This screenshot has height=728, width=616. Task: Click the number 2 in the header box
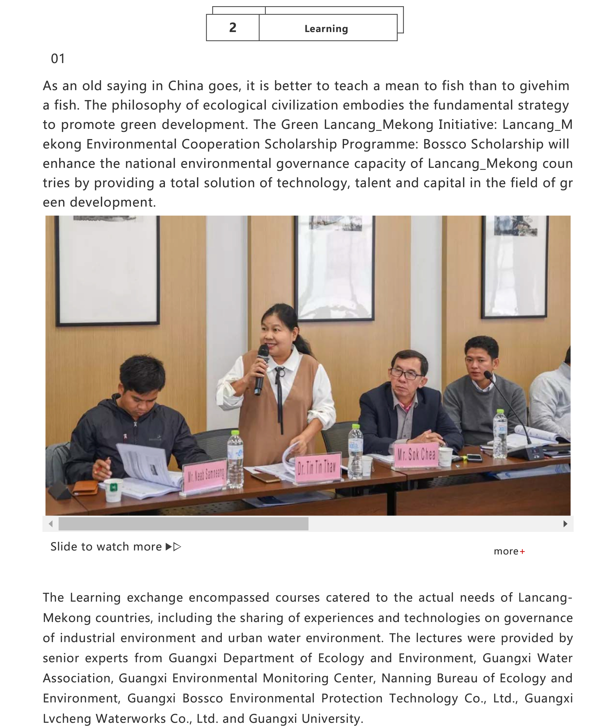click(232, 28)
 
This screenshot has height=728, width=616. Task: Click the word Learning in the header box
click(326, 29)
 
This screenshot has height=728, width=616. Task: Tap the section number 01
click(58, 59)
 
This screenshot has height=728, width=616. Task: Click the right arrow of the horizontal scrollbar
click(565, 523)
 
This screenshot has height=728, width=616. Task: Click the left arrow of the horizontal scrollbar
click(51, 523)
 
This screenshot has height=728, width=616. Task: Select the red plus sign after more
click(522, 551)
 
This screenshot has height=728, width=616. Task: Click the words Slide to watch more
click(106, 546)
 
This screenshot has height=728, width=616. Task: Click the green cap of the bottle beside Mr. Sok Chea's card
click(355, 427)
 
